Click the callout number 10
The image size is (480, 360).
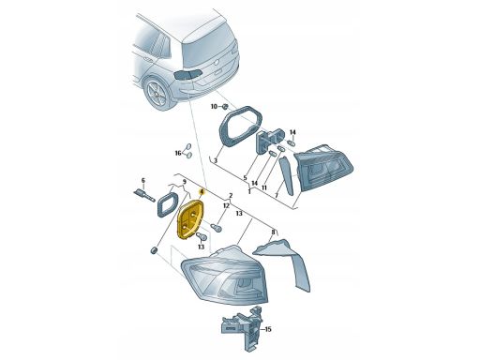click(x=214, y=107)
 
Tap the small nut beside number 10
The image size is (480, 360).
click(x=225, y=107)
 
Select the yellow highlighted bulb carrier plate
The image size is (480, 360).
click(x=190, y=220)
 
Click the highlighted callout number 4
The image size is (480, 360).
click(x=202, y=191)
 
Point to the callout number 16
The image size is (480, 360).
click(x=178, y=153)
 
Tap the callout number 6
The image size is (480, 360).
click(x=143, y=181)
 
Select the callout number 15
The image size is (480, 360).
click(x=268, y=329)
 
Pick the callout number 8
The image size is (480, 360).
click(x=273, y=232)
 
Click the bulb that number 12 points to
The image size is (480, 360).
click(x=217, y=227)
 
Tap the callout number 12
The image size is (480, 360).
click(x=226, y=206)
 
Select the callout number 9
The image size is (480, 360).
click(x=185, y=182)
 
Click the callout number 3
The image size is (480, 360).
click(x=215, y=161)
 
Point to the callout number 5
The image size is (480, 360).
click(x=246, y=178)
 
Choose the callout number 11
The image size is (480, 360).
click(x=264, y=187)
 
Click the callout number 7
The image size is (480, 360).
click(x=276, y=195)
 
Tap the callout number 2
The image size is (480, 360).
click(x=231, y=196)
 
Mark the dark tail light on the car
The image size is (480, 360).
click(x=187, y=74)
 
